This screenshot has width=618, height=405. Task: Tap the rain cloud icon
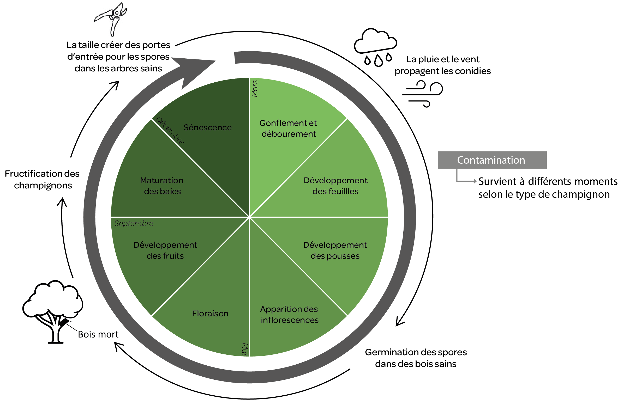point(375,47)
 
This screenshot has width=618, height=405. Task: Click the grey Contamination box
point(492,160)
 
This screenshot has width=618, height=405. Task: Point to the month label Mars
point(255,89)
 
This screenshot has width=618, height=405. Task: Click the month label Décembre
point(170,130)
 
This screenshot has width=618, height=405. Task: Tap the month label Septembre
point(134,223)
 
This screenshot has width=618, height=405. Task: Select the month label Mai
point(245,349)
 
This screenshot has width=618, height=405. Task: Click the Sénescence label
point(207,127)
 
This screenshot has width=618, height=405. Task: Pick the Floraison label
point(210,313)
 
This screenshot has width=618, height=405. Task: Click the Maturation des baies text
point(162,186)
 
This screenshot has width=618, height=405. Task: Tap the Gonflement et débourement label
point(288,128)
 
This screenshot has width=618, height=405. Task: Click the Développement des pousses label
point(335,250)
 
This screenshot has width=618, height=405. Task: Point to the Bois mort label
point(98,334)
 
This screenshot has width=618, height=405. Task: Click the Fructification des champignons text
point(43,180)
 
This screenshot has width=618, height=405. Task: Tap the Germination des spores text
point(416,358)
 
